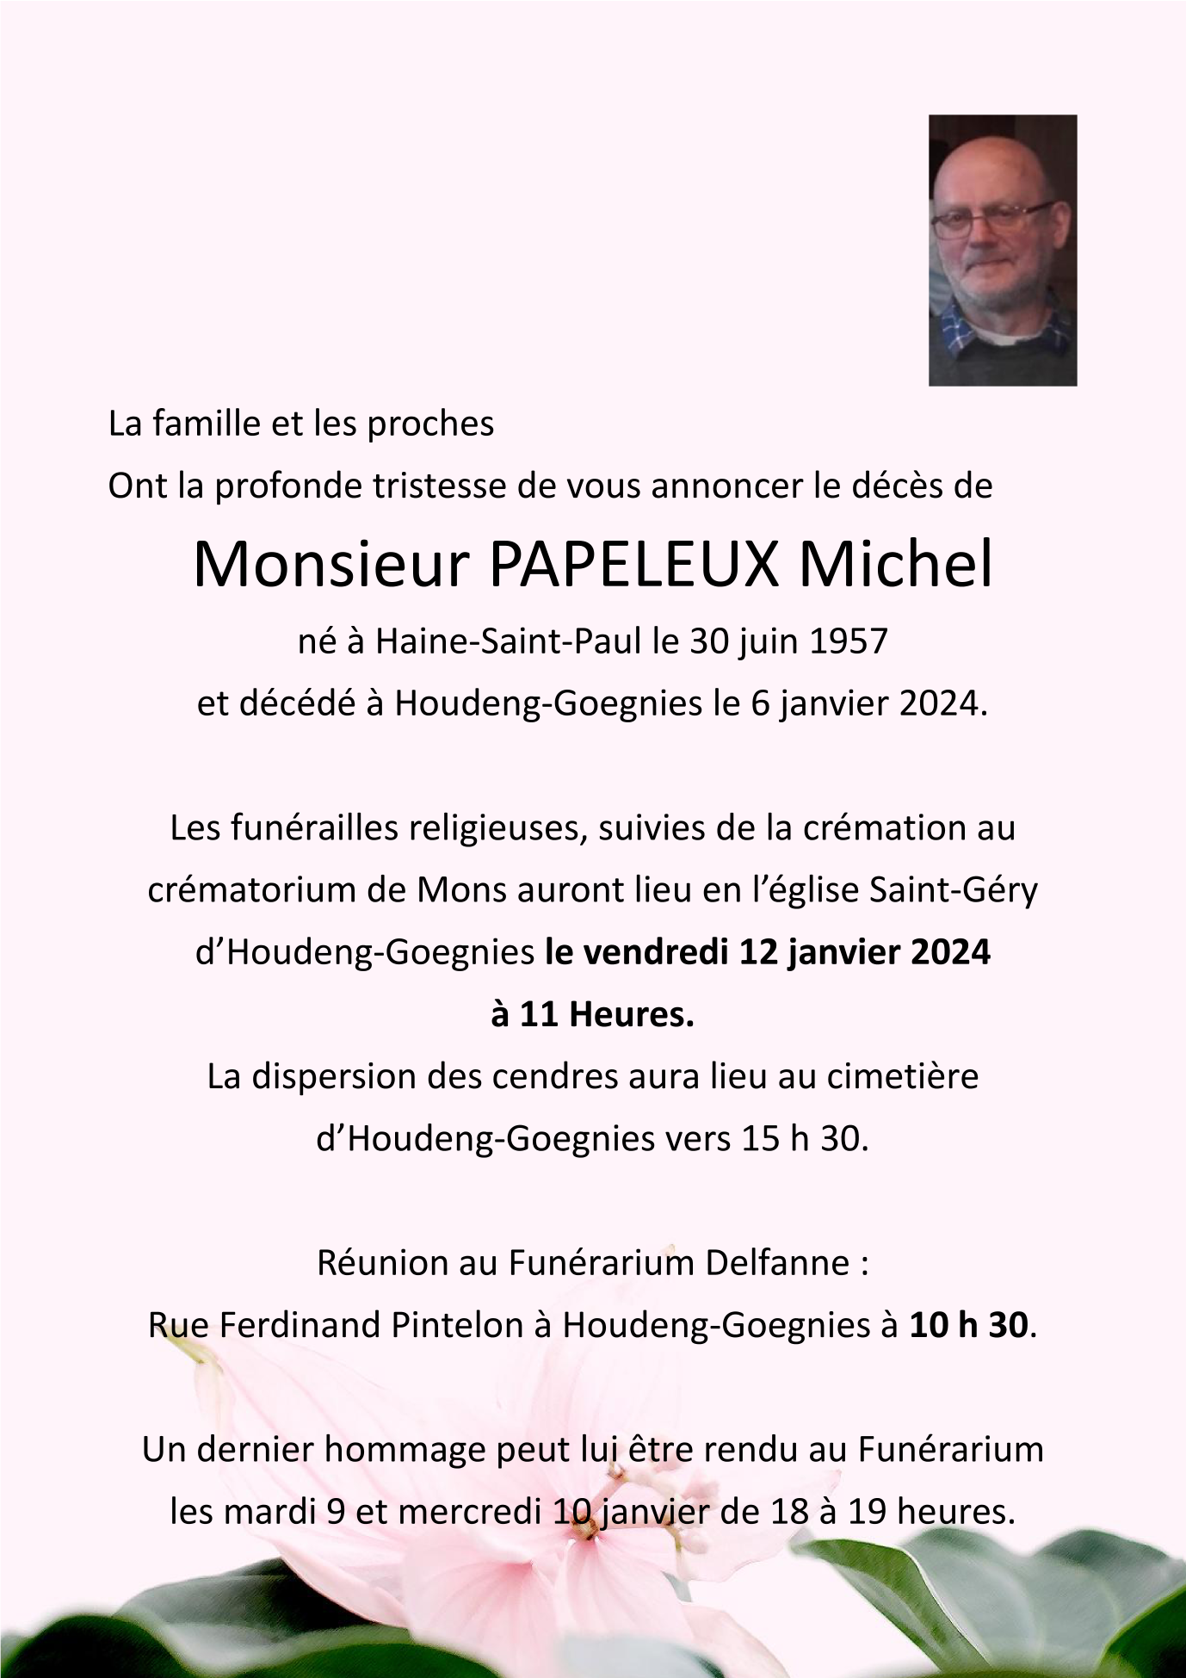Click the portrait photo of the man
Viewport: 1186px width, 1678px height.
1003,250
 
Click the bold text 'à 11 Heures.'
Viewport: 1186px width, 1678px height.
592,1015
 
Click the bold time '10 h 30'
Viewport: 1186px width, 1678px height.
968,1326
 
